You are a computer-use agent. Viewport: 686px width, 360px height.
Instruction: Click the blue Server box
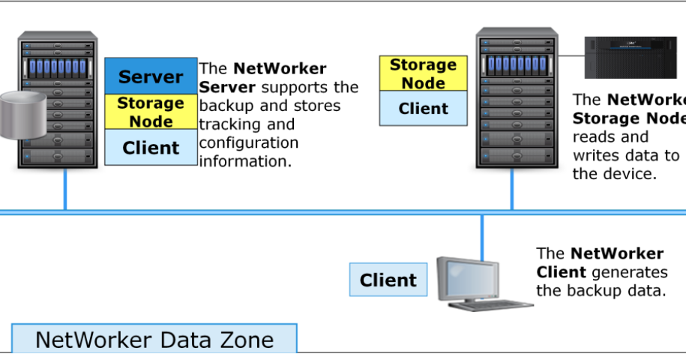(x=151, y=76)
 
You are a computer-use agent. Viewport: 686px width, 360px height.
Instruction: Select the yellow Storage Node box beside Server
(x=151, y=112)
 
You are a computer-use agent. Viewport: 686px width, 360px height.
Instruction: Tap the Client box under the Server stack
(x=151, y=148)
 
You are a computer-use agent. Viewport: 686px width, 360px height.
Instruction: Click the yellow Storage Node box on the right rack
(x=423, y=74)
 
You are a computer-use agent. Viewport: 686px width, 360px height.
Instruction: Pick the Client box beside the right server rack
(x=423, y=109)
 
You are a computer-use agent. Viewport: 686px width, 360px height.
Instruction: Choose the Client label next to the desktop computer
(x=388, y=280)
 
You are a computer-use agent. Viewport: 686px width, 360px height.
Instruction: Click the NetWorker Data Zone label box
(x=154, y=339)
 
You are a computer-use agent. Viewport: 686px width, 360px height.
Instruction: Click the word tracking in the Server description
(x=230, y=124)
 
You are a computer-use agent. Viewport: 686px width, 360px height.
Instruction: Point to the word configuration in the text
(x=248, y=142)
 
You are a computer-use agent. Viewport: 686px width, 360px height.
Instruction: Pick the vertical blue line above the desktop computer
(x=482, y=234)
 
